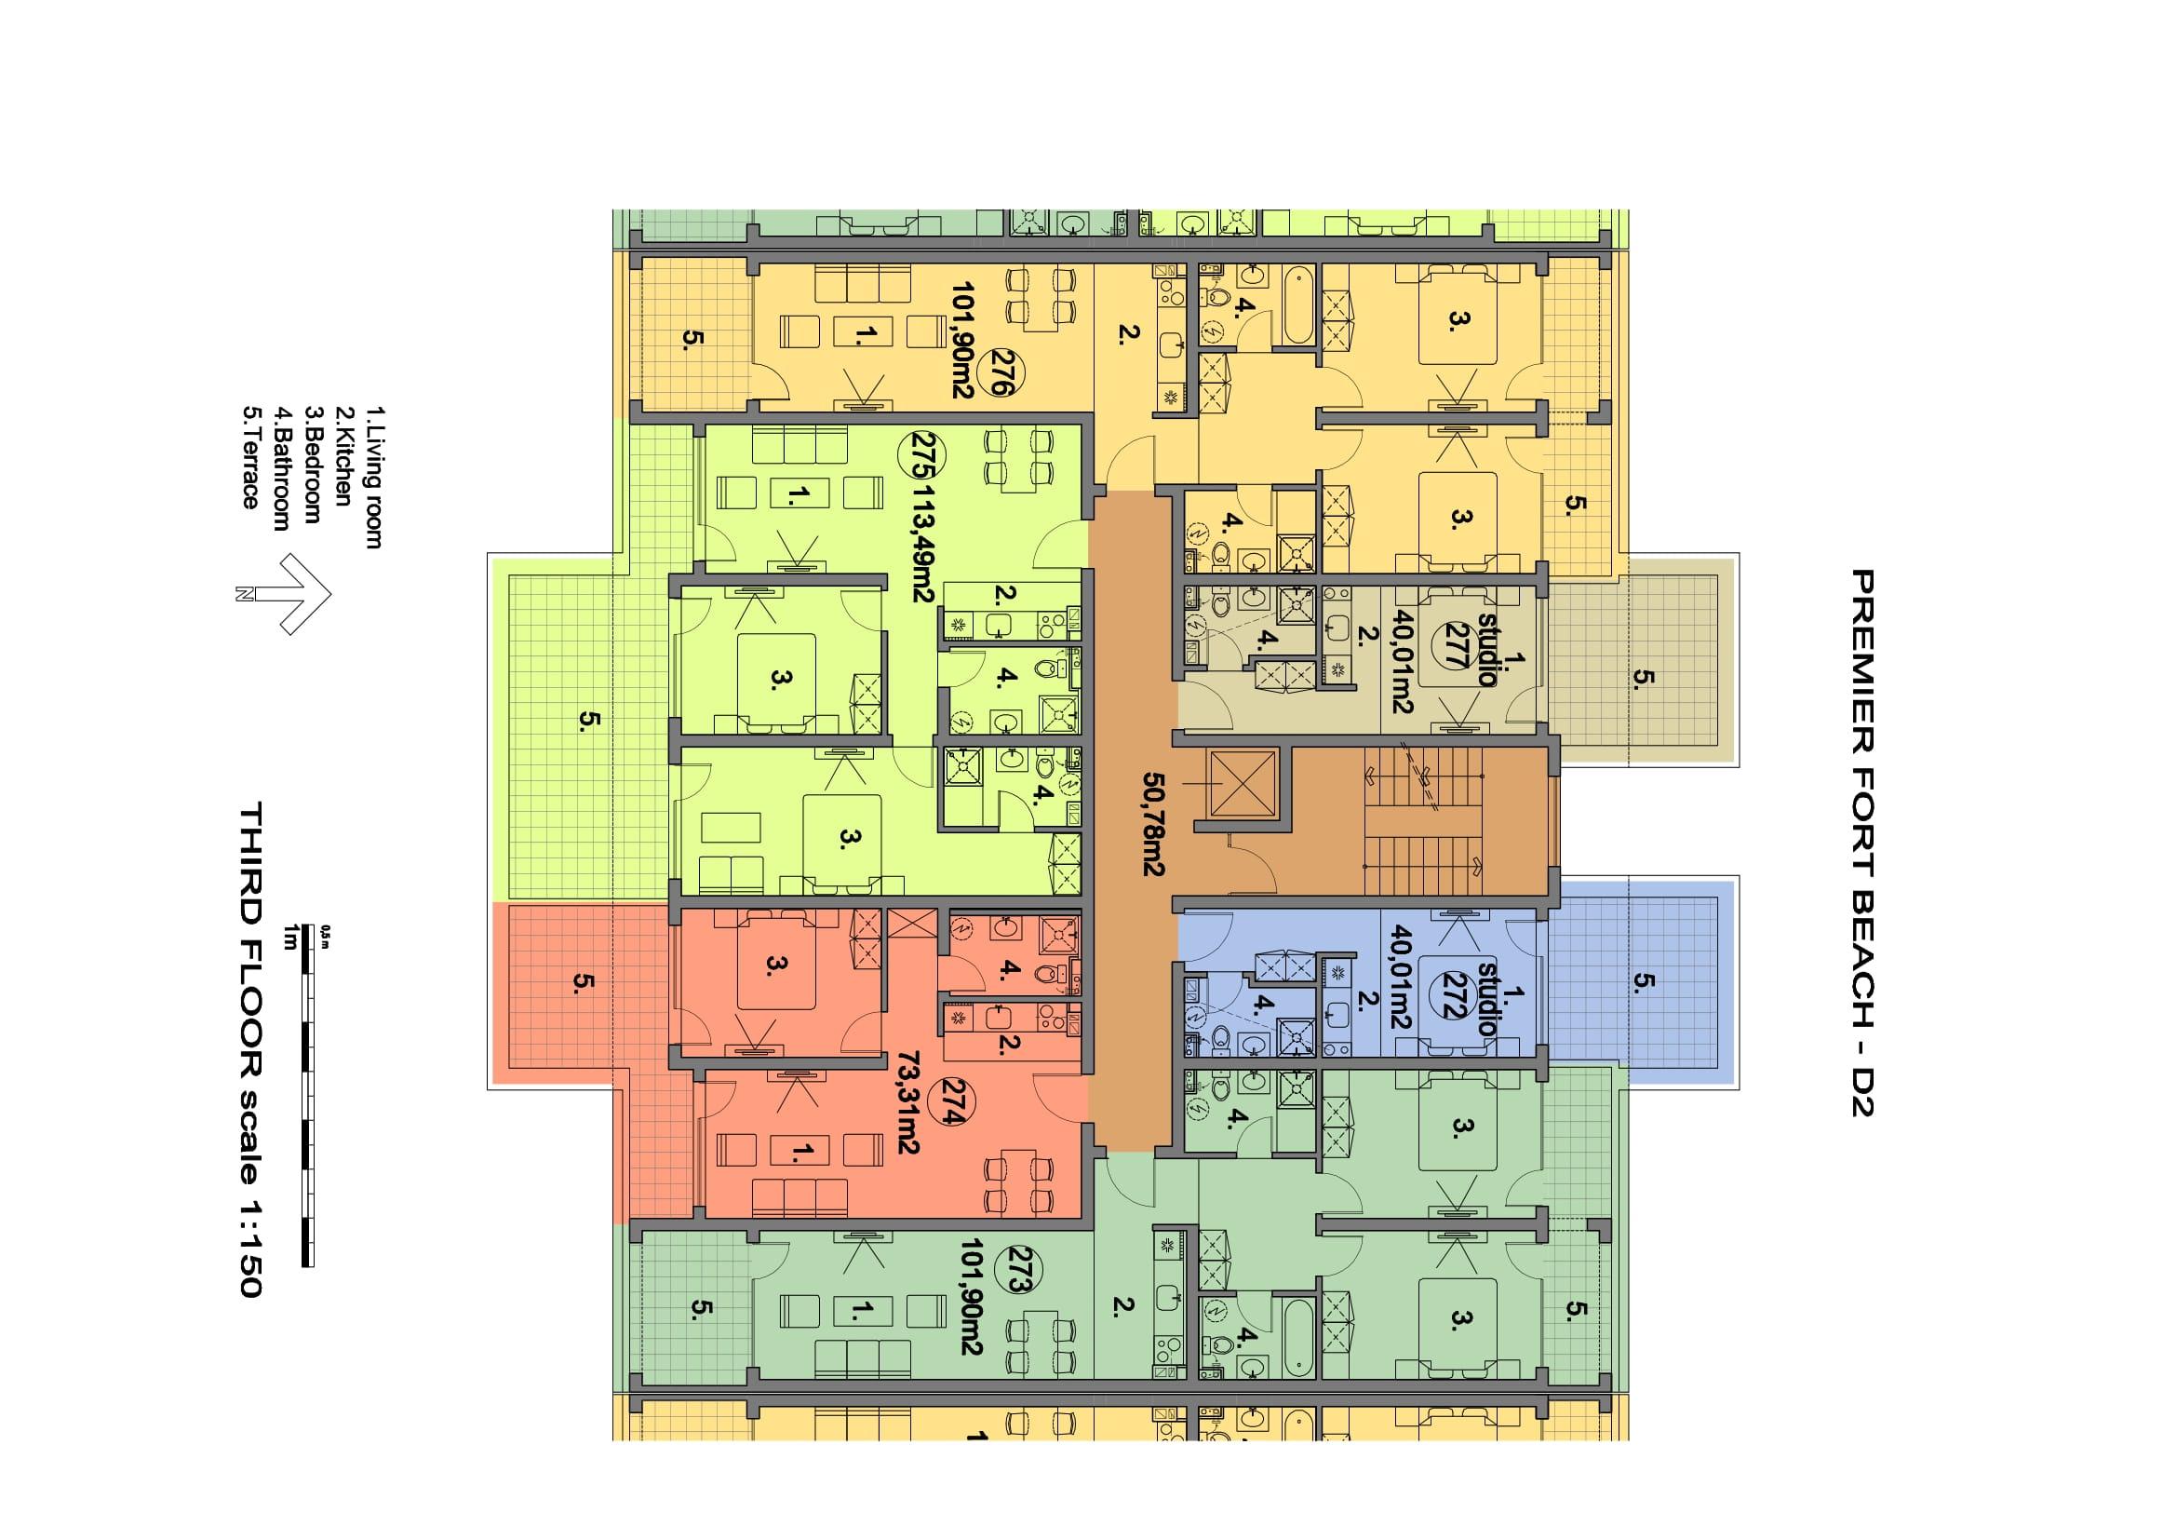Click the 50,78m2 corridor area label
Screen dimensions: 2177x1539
[x=1154, y=823]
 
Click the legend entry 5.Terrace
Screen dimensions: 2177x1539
[x=250, y=457]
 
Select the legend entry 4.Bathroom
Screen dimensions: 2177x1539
[x=282, y=468]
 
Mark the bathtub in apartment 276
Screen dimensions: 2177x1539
[x=1297, y=305]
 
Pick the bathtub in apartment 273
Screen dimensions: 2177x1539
[x=1297, y=1337]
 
